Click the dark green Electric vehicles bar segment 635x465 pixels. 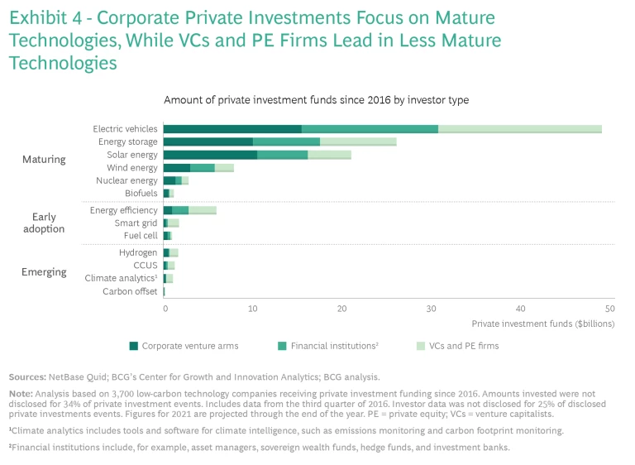tap(232, 129)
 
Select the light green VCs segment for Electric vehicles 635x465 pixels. tap(519, 129)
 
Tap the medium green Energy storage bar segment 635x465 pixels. tap(286, 142)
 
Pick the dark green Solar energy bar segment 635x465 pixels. tap(210, 155)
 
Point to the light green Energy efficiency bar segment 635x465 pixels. tap(202, 211)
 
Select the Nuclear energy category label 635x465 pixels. tap(127, 180)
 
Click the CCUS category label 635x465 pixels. tap(144, 266)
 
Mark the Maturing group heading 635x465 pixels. tap(44, 159)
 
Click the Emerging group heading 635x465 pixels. tap(44, 272)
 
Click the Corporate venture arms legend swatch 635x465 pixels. tap(133, 346)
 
